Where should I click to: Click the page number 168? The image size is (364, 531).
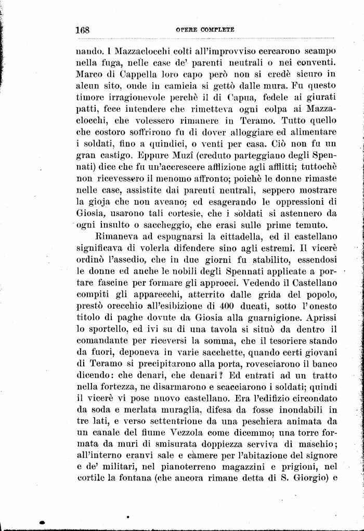pos(83,30)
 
